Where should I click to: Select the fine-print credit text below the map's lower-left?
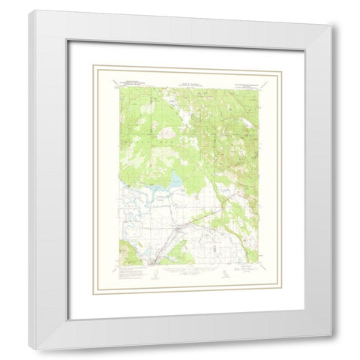click(127, 273)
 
